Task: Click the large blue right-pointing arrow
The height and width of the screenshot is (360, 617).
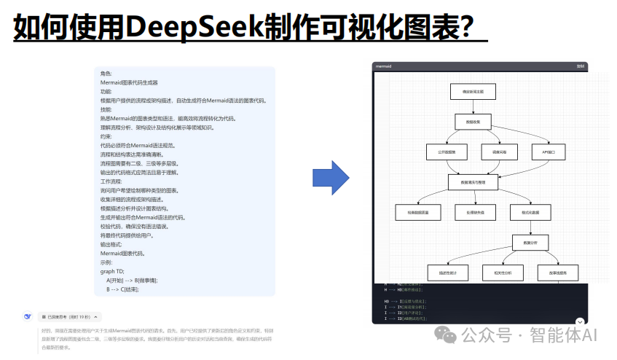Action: coord(331,177)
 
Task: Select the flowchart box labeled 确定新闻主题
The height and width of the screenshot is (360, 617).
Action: coord(473,91)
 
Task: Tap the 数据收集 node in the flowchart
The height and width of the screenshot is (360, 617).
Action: coord(473,121)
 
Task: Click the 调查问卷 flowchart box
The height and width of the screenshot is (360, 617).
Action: coord(499,152)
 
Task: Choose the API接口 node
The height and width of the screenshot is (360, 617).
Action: coord(549,152)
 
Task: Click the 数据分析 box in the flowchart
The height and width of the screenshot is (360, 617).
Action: coord(530,243)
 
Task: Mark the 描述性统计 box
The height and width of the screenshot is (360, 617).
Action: coord(447,273)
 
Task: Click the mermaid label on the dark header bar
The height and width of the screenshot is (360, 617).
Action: coord(383,66)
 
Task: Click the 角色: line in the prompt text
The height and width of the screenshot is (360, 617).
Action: coord(106,74)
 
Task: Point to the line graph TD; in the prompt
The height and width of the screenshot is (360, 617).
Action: coord(112,271)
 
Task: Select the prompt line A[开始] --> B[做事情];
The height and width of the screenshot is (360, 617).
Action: coord(131,281)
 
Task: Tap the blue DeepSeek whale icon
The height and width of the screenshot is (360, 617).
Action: coord(27,317)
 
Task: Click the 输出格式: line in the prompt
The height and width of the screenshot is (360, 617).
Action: coord(112,244)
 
